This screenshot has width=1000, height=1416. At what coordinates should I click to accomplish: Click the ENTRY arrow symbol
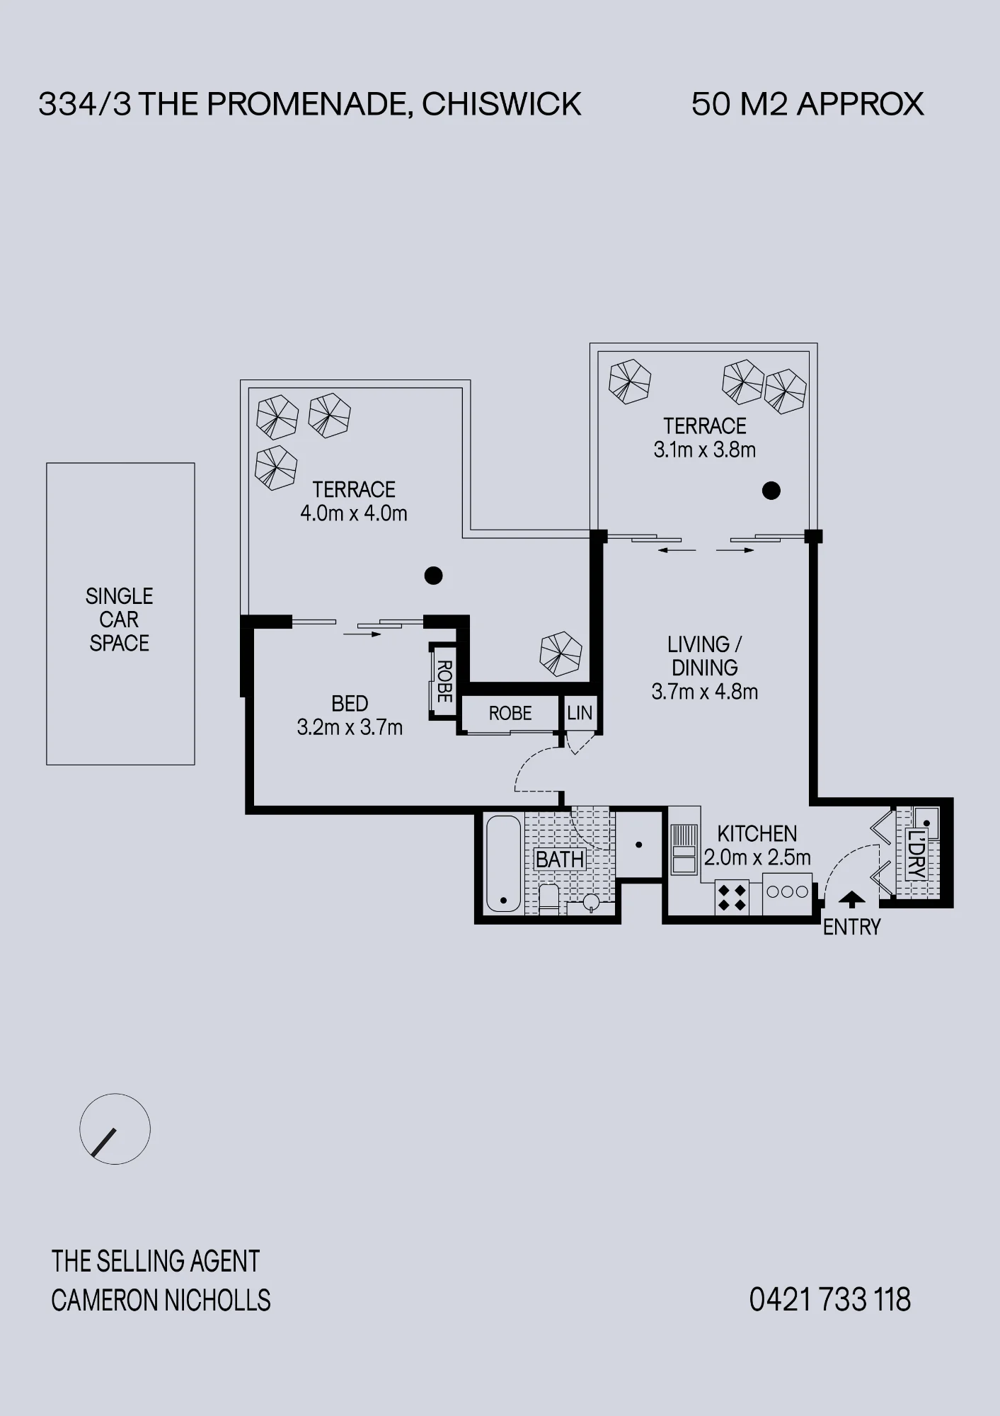pos(851,899)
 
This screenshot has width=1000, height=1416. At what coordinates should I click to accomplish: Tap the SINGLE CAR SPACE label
pos(119,619)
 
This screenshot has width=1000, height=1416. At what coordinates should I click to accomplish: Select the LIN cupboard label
pos(580,713)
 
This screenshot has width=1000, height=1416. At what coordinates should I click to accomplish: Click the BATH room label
pos(560,860)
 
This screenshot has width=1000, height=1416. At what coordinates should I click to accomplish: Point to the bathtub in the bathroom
pos(504,864)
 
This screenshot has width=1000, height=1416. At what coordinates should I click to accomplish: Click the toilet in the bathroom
pos(549,898)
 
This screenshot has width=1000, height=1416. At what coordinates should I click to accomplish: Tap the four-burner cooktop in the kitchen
pos(732,897)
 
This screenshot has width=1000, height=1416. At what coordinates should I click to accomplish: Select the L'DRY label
pos(916,855)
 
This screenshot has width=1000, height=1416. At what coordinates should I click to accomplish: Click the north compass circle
pos(115,1129)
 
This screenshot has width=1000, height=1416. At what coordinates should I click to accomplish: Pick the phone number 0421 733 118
pos(830,1300)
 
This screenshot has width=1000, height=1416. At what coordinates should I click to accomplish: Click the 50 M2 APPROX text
pos(808,104)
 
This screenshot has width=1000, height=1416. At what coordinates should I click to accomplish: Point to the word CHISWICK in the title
pos(502,104)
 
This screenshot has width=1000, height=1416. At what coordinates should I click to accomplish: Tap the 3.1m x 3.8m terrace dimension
pos(705,450)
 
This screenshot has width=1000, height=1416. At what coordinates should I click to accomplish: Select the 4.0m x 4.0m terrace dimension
pos(354,513)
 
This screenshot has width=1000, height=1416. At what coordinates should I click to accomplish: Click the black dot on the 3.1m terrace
pos(771,490)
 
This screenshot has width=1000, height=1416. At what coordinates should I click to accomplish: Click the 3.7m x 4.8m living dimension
pos(705,692)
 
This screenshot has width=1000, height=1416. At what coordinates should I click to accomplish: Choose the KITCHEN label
pos(757,833)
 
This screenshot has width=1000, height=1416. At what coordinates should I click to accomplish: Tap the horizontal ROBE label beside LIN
pos(510,713)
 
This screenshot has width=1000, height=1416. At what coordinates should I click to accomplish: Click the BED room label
pos(350,704)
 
